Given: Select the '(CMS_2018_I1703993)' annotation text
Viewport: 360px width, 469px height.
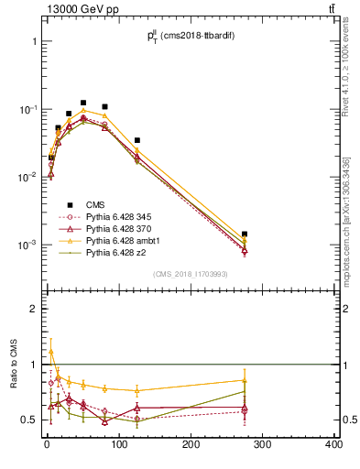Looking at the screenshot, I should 190,274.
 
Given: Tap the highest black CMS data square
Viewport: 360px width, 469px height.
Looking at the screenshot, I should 83,103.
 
